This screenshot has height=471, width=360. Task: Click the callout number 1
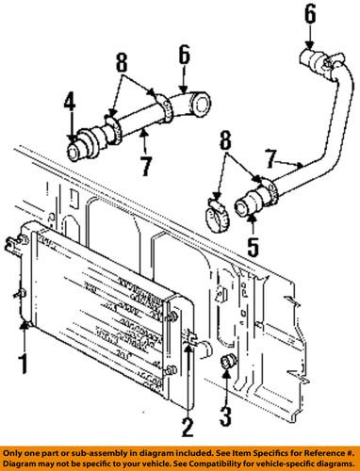tap(23, 364)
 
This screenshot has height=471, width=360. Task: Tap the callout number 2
tap(188, 424)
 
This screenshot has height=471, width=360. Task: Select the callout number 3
tap(225, 416)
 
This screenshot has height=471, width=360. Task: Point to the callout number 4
tap(70, 103)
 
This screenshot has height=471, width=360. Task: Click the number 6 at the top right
tap(310, 14)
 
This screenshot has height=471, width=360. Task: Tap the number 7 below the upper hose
tap(145, 166)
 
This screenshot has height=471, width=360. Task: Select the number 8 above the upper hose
tap(122, 63)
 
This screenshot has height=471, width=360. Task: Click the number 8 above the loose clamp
tap(225, 140)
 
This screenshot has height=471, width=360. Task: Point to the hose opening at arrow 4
tap(74, 153)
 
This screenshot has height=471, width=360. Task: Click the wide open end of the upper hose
tap(202, 105)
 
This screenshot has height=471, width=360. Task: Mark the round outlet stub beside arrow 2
tap(205, 349)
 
